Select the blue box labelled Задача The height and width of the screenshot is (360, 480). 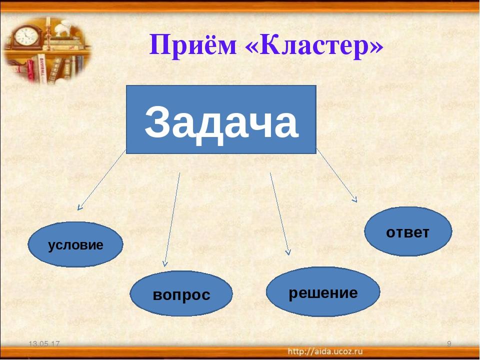(x=221, y=119)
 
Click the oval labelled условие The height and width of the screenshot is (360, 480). (x=75, y=244)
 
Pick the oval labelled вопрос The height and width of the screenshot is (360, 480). (x=181, y=293)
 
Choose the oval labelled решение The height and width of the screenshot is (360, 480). (x=323, y=291)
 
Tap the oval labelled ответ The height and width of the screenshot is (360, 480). (x=408, y=231)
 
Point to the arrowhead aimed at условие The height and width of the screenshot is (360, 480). (x=79, y=208)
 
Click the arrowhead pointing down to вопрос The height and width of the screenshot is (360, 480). (x=165, y=263)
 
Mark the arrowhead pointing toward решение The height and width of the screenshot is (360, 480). (x=288, y=252)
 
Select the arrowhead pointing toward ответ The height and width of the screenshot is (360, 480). (x=355, y=199)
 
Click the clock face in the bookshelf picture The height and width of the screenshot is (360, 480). (x=26, y=36)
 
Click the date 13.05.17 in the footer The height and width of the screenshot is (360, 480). (x=44, y=344)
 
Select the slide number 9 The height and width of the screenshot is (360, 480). (x=449, y=344)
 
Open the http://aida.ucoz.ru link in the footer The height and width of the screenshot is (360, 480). (x=325, y=351)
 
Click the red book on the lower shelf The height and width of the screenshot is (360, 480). (x=30, y=70)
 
